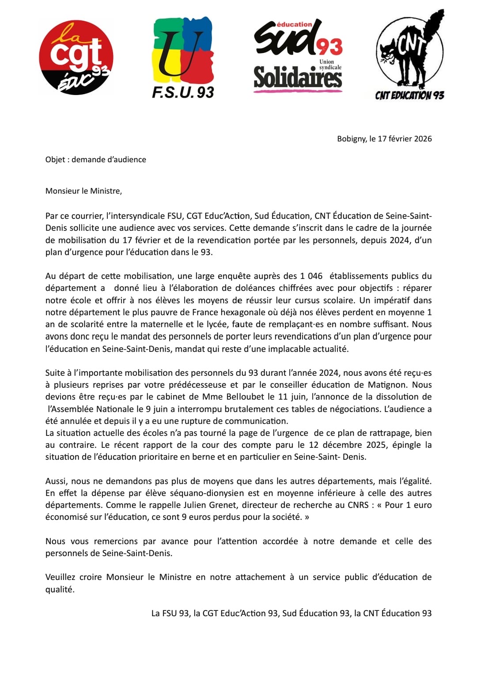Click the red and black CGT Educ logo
pos(76,58)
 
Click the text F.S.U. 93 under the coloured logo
pos(183,92)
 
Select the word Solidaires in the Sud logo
pos(298,77)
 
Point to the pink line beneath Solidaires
pos(298,91)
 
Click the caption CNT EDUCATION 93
pos(409,95)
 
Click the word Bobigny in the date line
pos(352,139)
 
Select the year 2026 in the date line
pos(423,139)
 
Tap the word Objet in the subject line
pos(55,160)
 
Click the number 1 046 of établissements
pos(311,276)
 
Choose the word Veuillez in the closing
pos(60,577)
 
